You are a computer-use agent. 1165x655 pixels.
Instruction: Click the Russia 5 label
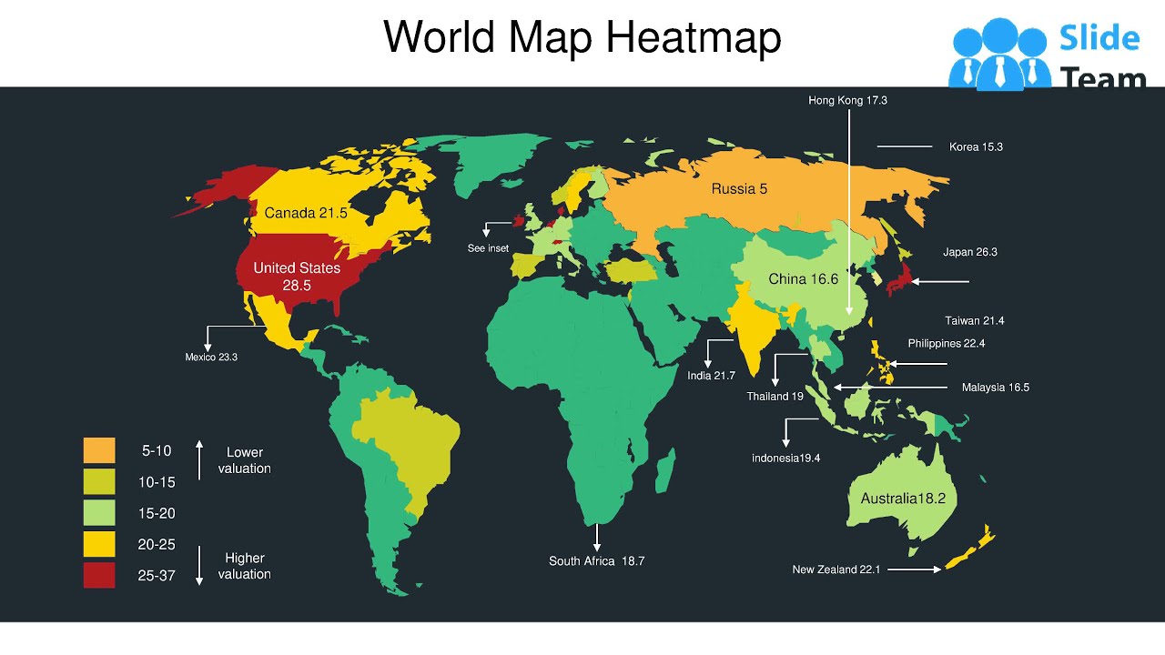[739, 189]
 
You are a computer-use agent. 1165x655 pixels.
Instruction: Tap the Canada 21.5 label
[306, 213]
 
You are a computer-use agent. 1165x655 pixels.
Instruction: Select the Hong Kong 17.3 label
[847, 100]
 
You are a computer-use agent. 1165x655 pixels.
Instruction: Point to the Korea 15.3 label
[976, 146]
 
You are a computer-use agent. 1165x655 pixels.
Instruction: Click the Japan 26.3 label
[970, 252]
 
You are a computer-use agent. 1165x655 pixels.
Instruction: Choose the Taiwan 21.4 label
[974, 321]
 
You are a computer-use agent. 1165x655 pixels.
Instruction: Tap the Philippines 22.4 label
[946, 344]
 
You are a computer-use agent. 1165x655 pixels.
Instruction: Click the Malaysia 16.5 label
[995, 388]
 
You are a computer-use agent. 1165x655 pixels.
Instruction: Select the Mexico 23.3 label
[211, 358]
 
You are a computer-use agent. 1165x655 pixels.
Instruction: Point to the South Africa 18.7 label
[596, 561]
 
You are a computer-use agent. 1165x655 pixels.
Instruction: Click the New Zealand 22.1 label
[836, 570]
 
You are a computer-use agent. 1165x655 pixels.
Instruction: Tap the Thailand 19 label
[775, 397]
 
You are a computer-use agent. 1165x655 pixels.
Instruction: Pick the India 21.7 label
[711, 376]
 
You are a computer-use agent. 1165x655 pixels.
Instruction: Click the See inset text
[488, 248]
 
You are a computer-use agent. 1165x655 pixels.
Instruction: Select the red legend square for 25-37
[99, 575]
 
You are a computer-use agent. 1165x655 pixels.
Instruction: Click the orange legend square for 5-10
[99, 450]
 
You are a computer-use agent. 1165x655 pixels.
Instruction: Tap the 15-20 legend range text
[157, 514]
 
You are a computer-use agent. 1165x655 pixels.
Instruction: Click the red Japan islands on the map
[900, 277]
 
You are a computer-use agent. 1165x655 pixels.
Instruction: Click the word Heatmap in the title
[693, 38]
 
